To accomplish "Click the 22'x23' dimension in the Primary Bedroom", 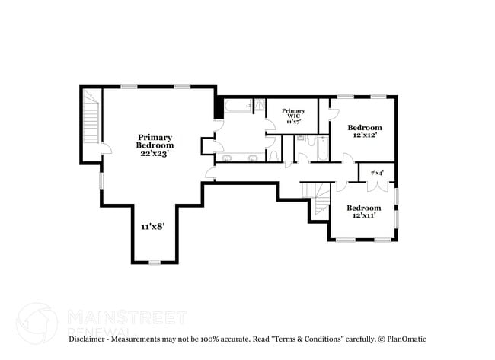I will click(x=155, y=153).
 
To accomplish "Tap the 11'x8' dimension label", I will click(x=153, y=226).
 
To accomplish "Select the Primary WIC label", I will click(x=293, y=116).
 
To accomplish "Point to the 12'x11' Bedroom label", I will click(x=363, y=212).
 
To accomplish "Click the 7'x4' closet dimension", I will click(x=376, y=173).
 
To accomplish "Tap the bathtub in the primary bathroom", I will click(x=238, y=107).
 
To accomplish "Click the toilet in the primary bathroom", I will click(x=273, y=155).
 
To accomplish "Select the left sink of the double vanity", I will click(x=227, y=158).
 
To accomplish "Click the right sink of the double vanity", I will click(x=253, y=158).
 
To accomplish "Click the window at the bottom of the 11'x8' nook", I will click(x=155, y=262).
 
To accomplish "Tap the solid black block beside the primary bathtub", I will click(x=219, y=107).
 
